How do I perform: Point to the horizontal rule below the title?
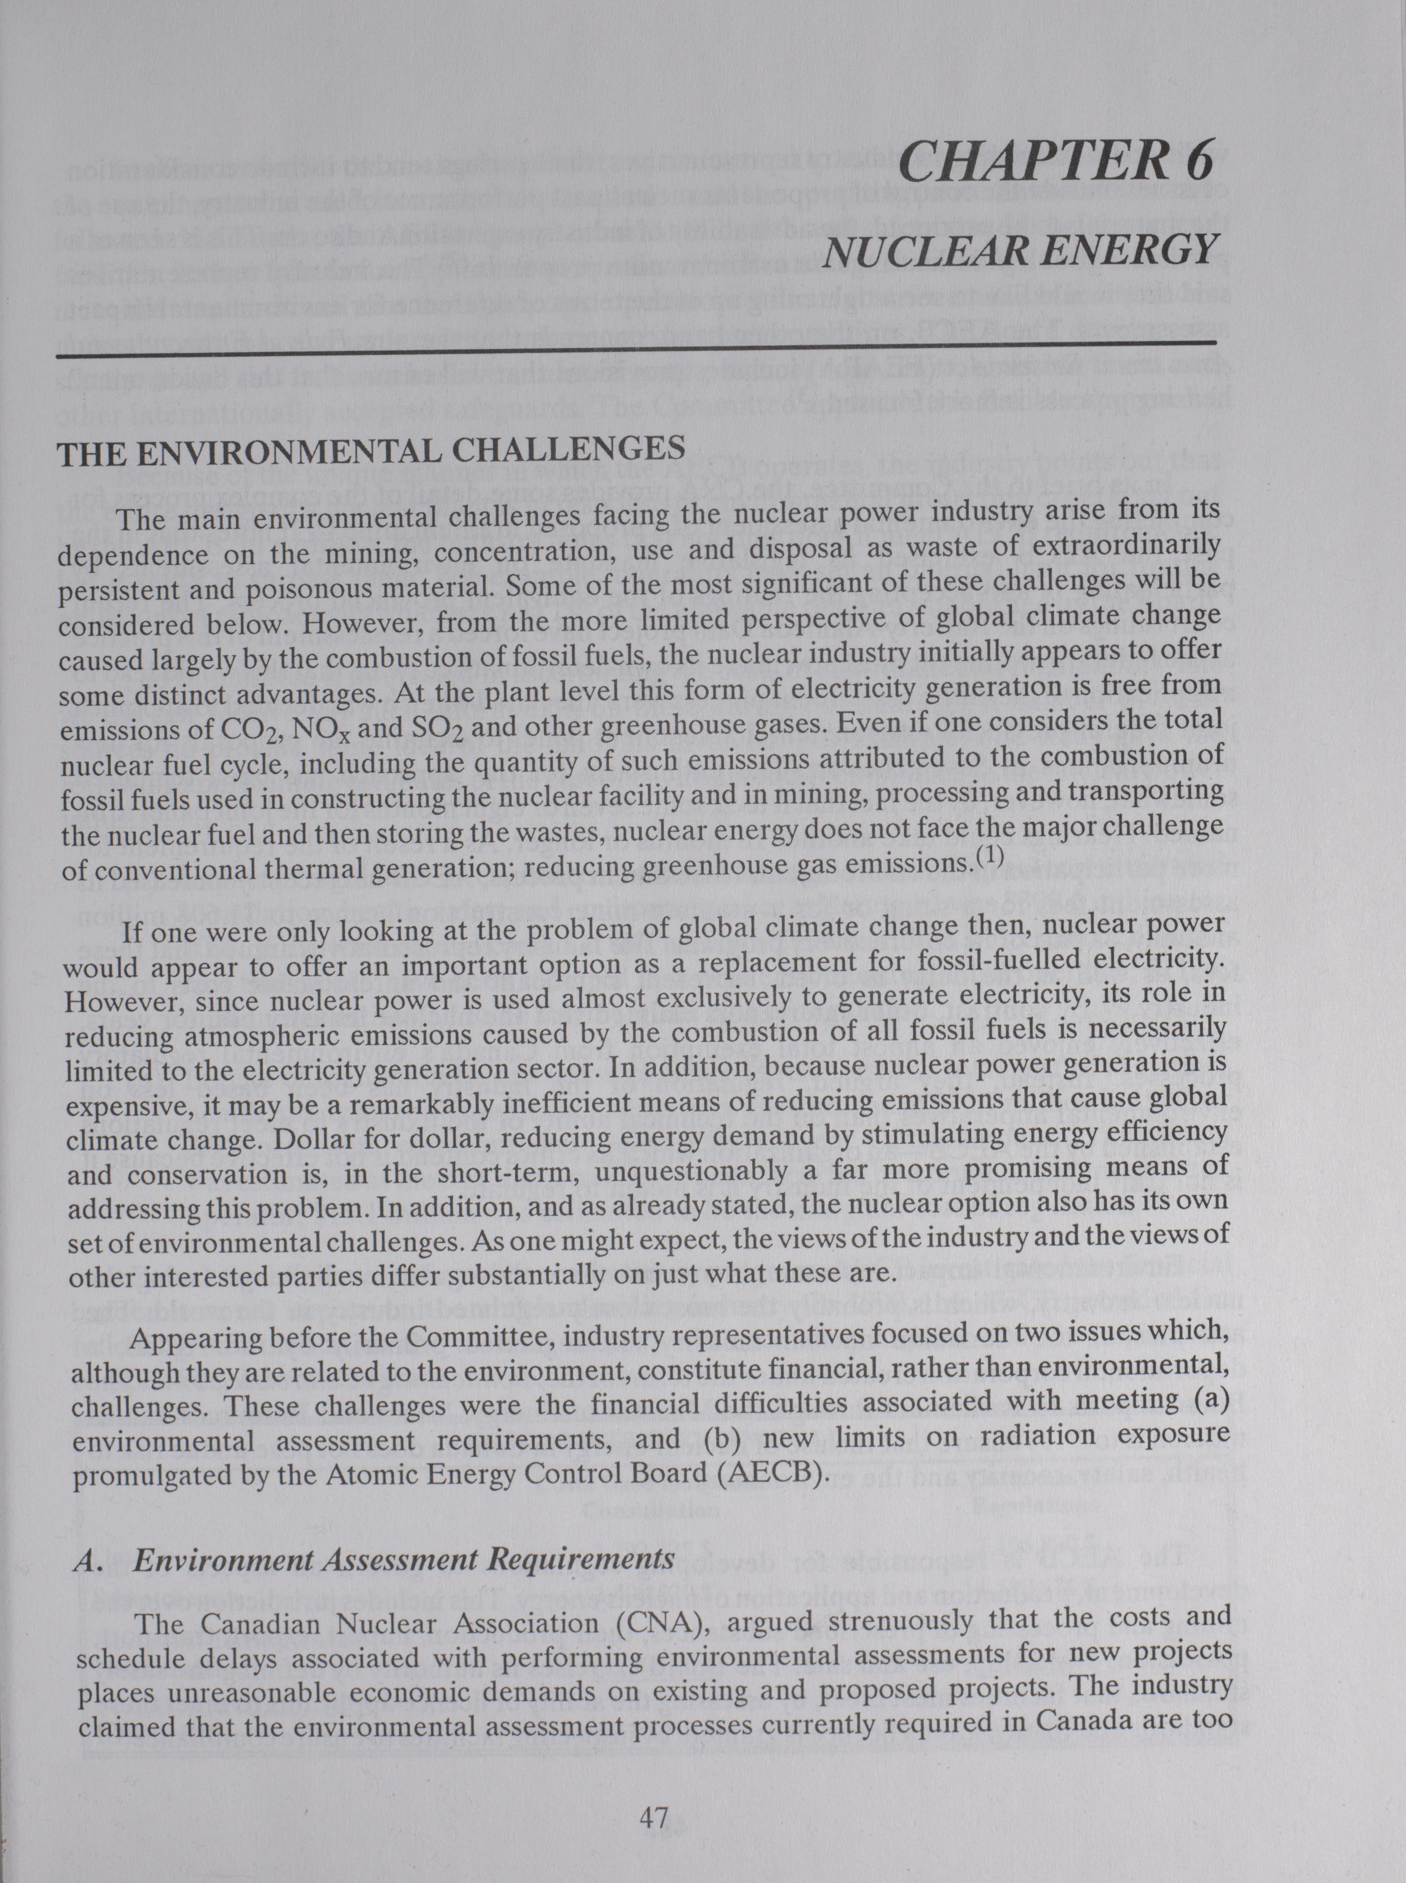point(635,350)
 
